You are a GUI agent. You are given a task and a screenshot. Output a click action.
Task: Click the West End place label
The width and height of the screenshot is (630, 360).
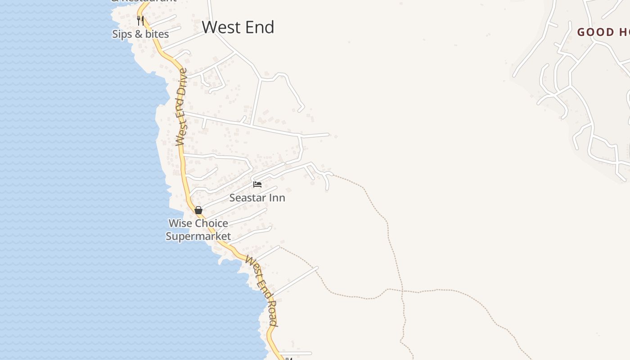click(238, 27)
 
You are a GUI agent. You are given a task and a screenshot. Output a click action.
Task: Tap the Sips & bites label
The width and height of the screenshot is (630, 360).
click(140, 34)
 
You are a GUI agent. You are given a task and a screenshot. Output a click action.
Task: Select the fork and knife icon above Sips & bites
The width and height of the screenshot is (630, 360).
click(140, 20)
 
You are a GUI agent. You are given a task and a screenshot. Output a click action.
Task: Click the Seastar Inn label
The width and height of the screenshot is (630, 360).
click(257, 198)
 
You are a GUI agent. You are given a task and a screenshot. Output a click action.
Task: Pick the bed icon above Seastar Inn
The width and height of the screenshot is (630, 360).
click(257, 184)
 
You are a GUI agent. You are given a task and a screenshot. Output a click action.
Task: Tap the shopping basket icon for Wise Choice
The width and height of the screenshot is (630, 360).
click(198, 210)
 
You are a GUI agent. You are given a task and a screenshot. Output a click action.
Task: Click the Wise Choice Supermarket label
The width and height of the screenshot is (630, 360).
click(198, 229)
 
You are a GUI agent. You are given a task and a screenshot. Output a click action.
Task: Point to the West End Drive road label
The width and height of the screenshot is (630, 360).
click(181, 107)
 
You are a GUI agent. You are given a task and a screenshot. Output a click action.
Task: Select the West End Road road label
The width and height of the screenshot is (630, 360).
click(261, 291)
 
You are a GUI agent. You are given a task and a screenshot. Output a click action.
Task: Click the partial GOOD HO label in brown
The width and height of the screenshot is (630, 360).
click(603, 32)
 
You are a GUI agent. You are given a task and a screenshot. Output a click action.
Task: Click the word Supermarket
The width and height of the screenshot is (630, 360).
click(198, 236)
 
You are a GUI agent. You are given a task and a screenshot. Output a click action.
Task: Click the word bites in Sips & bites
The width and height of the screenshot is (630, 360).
click(157, 34)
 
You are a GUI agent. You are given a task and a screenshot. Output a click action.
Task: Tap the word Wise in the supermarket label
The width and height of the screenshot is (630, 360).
click(179, 223)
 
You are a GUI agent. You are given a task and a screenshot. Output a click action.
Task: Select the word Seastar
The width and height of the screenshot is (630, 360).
click(249, 198)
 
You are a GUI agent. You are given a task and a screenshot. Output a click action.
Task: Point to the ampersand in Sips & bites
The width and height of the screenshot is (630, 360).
click(139, 34)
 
